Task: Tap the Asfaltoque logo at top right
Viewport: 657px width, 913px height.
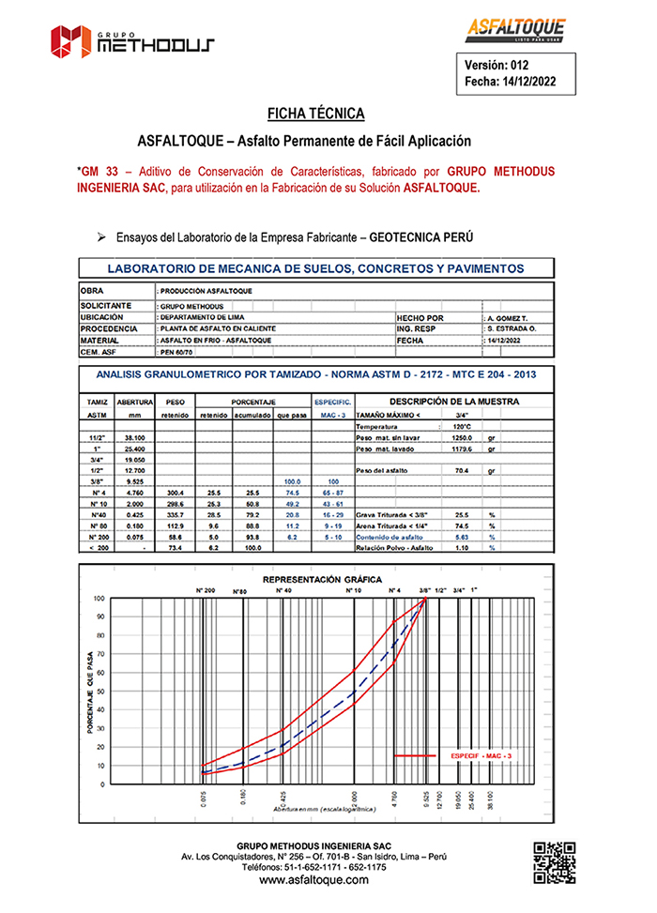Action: tap(516, 31)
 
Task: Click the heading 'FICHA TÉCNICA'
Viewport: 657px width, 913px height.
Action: tap(316, 114)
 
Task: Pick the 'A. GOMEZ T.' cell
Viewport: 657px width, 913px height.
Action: tap(512, 317)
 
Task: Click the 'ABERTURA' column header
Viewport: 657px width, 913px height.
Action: tap(135, 401)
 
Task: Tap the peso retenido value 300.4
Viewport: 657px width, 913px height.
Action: tap(176, 491)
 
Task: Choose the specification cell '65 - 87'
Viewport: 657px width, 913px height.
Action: tap(332, 491)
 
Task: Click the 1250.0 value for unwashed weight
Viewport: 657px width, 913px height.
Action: tap(461, 437)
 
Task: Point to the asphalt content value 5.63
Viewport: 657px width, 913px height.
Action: tap(461, 536)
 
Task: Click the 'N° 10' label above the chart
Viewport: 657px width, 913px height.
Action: tap(354, 590)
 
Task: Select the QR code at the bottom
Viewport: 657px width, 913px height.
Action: tap(554, 862)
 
